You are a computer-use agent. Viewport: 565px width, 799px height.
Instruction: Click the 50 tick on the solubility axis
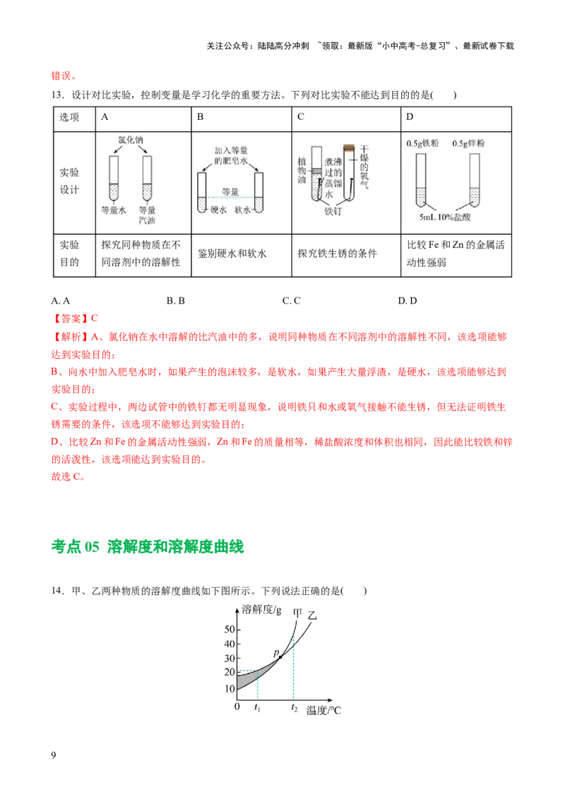(227, 629)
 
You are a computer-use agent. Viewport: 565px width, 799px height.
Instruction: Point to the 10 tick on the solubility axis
(227, 689)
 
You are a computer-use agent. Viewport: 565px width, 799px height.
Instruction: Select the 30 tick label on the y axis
(227, 659)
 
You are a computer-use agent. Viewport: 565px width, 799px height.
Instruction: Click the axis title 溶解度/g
(262, 610)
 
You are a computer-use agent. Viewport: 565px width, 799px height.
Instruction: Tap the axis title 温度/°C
(324, 711)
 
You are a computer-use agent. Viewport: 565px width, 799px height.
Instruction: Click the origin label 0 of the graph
(237, 707)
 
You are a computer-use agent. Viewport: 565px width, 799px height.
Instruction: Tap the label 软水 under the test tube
(244, 210)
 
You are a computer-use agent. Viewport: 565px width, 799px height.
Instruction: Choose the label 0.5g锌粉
(468, 143)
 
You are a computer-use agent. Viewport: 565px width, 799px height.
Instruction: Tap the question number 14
(56, 591)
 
